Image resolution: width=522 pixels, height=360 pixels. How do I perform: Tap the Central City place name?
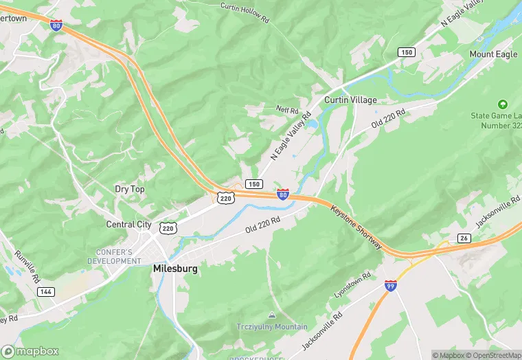click(x=128, y=224)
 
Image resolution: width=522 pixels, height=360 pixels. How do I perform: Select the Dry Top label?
click(x=130, y=189)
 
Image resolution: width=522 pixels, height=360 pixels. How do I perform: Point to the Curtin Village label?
click(x=350, y=100)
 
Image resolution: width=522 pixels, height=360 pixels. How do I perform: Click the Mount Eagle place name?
click(x=493, y=54)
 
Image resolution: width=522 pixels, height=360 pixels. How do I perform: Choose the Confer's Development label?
click(x=114, y=256)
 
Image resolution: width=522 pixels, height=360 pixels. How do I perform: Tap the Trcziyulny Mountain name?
click(x=272, y=327)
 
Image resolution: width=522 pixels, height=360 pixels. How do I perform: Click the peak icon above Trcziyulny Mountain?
click(x=272, y=315)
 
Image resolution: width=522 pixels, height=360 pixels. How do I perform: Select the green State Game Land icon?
click(x=503, y=104)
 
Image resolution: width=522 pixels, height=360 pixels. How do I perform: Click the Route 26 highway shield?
click(x=464, y=238)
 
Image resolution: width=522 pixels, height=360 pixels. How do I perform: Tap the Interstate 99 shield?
click(x=390, y=285)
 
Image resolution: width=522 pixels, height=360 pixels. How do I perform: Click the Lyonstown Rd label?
click(x=352, y=284)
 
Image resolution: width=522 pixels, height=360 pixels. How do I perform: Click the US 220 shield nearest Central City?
click(x=168, y=227)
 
